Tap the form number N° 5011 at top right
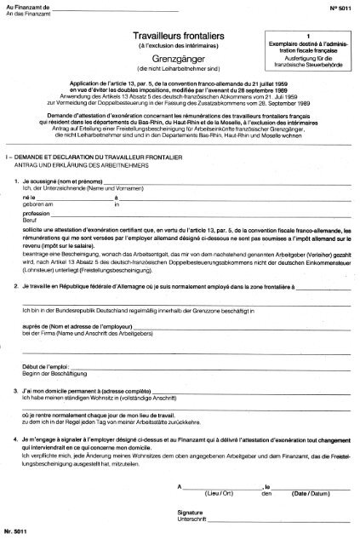[338, 8]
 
